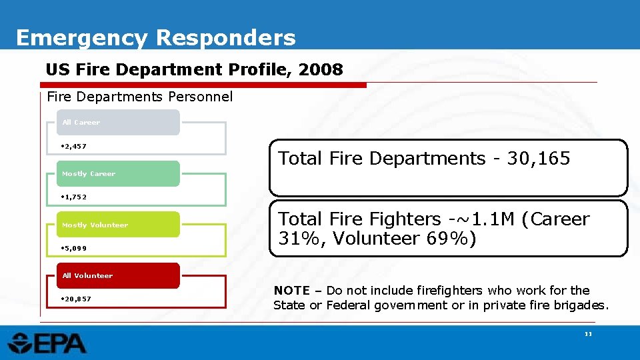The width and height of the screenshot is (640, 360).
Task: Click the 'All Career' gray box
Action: (x=118, y=123)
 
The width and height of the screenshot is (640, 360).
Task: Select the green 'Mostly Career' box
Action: (x=118, y=173)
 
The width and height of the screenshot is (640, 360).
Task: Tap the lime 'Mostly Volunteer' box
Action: (x=118, y=225)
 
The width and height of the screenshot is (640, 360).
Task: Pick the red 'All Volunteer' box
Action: (x=118, y=275)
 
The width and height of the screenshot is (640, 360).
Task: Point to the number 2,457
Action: (x=74, y=146)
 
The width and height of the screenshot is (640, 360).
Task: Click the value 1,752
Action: (x=74, y=197)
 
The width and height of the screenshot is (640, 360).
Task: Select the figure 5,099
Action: (x=74, y=248)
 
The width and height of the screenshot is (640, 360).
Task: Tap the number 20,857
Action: (x=76, y=299)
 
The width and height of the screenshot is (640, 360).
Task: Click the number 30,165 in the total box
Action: (x=539, y=159)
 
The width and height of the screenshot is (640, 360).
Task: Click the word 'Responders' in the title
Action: (x=225, y=37)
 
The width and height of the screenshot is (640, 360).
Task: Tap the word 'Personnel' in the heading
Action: (x=201, y=97)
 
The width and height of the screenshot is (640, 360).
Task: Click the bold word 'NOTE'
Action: (x=291, y=291)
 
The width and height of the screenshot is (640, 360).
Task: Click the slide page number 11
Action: (x=588, y=334)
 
